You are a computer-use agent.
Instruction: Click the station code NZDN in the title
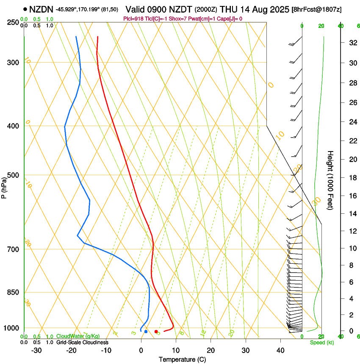coord(42,8)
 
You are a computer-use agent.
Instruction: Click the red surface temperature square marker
coord(156,331)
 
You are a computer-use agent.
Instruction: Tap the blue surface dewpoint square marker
coord(146,331)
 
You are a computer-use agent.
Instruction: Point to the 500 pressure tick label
coord(13,175)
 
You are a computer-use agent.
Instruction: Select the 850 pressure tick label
coord(13,292)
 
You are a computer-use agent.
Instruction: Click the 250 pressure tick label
coord(13,22)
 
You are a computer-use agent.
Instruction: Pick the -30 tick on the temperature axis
coord(36,350)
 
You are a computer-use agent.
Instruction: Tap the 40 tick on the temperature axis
coord(280,350)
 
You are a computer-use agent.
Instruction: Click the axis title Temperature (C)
coord(182,359)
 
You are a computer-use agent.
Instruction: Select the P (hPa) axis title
coord(4,186)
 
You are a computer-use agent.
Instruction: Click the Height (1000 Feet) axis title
coord(331,180)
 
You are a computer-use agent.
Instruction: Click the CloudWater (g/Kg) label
coord(78,336)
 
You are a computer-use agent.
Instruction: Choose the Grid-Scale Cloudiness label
coord(82,342)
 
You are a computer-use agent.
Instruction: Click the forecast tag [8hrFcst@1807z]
coord(317,9)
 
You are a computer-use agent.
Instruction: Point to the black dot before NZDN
coord(25,8)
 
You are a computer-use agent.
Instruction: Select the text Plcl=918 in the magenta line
coord(133,19)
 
